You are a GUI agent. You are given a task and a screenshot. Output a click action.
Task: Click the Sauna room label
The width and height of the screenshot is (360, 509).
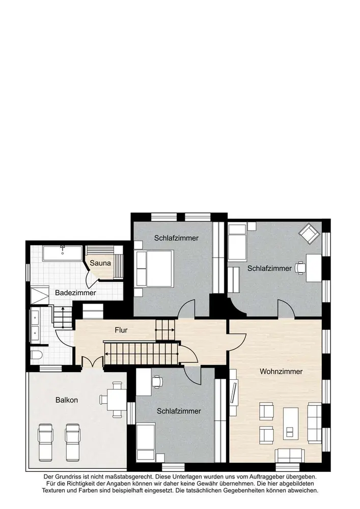click(100, 263)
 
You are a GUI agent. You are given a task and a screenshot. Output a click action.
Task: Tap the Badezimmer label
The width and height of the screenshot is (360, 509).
click(75, 293)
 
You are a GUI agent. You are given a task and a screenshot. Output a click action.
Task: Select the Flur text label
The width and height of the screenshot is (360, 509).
click(121, 330)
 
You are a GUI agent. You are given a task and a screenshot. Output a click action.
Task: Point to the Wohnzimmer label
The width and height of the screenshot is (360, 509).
click(281, 372)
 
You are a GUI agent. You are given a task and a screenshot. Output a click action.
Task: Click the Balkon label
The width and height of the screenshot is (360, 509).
click(67, 400)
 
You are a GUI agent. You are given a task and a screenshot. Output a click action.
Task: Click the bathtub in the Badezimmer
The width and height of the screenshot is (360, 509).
click(62, 253)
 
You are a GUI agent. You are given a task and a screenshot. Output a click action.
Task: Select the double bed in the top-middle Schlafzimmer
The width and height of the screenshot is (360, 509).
click(154, 268)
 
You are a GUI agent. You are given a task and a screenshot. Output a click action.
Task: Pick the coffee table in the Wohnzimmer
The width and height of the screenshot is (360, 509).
click(291, 423)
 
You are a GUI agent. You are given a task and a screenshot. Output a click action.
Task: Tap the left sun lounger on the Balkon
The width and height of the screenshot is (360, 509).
click(45, 442)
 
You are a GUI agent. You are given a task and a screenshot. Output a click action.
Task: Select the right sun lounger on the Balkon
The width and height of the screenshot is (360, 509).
click(73, 442)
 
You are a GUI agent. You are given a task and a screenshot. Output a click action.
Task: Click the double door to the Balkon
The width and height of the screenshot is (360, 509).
click(93, 362)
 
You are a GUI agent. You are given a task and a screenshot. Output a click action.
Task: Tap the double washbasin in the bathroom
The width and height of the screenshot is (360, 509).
click(35, 326)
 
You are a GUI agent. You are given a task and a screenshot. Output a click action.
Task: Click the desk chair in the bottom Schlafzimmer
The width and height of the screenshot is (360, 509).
click(157, 382)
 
